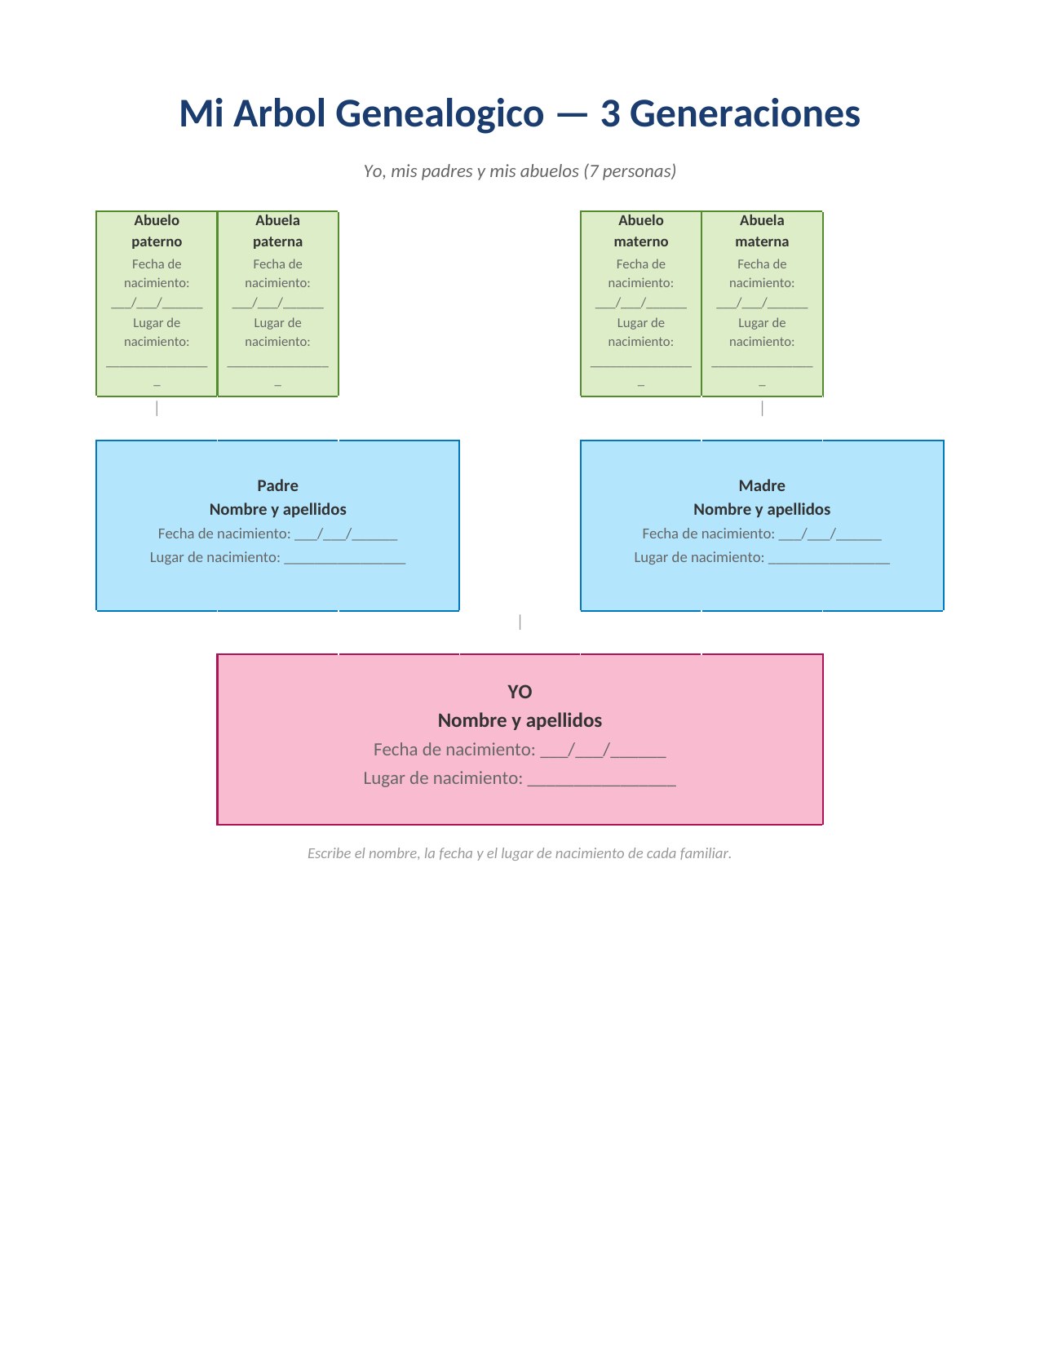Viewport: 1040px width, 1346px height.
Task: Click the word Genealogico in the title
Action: coord(440,113)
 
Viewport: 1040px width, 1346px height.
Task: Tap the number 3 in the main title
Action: coord(610,113)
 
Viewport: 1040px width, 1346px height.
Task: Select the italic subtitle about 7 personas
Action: coord(520,171)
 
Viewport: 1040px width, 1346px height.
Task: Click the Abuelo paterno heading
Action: coord(157,231)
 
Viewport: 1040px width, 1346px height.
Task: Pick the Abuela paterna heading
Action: coord(277,231)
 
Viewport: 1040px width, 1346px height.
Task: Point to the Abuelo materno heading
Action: coord(640,231)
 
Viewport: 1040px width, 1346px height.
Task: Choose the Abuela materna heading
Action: coord(761,231)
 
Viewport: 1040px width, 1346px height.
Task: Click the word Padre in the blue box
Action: coord(277,485)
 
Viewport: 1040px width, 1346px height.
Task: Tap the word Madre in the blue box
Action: coord(761,485)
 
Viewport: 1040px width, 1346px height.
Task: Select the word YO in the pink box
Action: coord(520,692)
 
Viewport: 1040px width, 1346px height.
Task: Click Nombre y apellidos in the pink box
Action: coord(520,720)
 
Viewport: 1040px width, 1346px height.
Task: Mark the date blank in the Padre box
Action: coord(346,535)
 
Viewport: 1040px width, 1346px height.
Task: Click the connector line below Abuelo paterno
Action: coord(157,409)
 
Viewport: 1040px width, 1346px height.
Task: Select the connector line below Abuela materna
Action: coord(762,409)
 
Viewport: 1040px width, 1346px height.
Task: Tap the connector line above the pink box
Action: coord(520,622)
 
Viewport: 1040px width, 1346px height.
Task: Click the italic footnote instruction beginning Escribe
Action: coord(519,853)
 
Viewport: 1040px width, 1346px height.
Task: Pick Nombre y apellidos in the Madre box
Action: coord(761,509)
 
